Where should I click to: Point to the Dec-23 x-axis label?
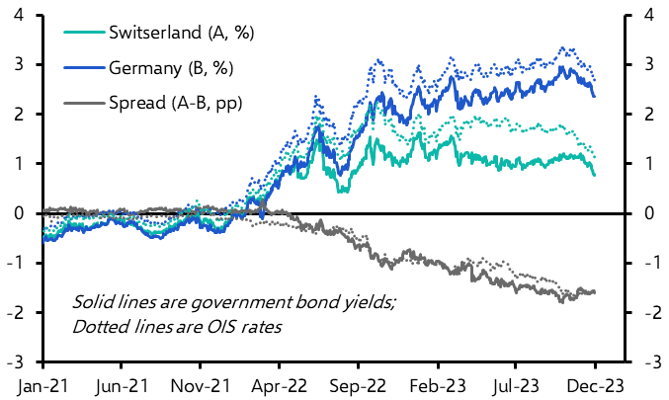point(596,380)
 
